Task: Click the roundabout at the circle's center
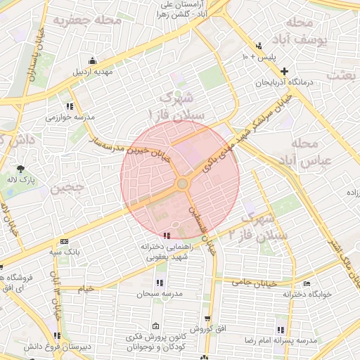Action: pyautogui.click(x=182, y=184)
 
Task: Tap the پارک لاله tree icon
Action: pyautogui.click(x=22, y=169)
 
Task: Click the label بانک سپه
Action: pyautogui.click(x=65, y=250)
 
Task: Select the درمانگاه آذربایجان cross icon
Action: pyautogui.click(x=284, y=71)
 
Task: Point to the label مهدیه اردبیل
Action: pyautogui.click(x=94, y=72)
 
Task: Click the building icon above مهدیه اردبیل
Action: pyautogui.click(x=93, y=61)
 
